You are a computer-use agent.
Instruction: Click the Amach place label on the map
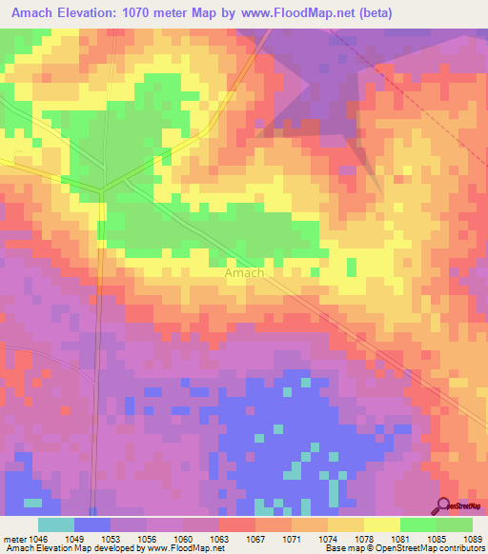point(244,272)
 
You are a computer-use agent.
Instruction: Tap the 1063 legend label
point(219,538)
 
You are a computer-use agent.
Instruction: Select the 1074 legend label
point(327,538)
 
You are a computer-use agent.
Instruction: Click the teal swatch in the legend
point(56,524)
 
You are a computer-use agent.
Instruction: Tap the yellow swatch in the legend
point(381,524)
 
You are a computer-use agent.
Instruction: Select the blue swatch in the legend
point(92,524)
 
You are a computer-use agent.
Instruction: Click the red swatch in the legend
point(237,524)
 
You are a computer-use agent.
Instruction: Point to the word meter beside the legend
point(13,538)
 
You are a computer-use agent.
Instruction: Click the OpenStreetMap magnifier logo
point(444,505)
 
